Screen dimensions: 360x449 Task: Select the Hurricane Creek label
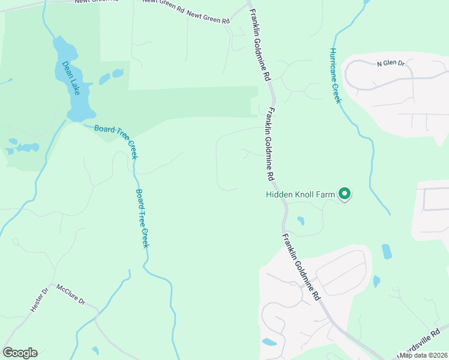click(x=335, y=76)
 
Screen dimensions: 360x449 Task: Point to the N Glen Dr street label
click(x=391, y=63)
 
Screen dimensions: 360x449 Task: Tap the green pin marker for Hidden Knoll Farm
click(x=345, y=193)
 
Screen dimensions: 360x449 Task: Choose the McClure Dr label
click(x=71, y=295)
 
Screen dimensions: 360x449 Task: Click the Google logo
click(x=20, y=352)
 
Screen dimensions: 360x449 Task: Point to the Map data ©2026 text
click(x=424, y=355)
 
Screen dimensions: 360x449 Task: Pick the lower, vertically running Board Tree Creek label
click(x=142, y=218)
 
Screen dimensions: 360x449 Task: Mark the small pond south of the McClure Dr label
click(x=95, y=350)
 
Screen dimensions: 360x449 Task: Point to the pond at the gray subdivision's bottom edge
click(x=270, y=343)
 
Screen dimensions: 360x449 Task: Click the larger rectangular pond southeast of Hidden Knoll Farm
click(x=386, y=251)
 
